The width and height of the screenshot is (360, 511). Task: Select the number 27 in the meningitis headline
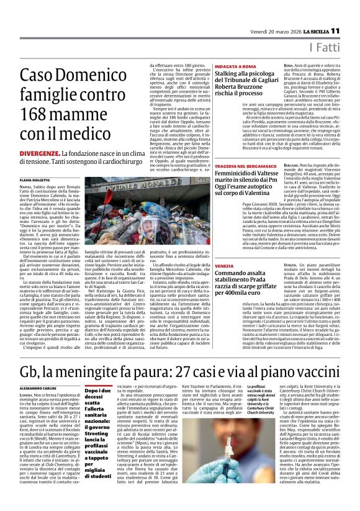185,356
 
